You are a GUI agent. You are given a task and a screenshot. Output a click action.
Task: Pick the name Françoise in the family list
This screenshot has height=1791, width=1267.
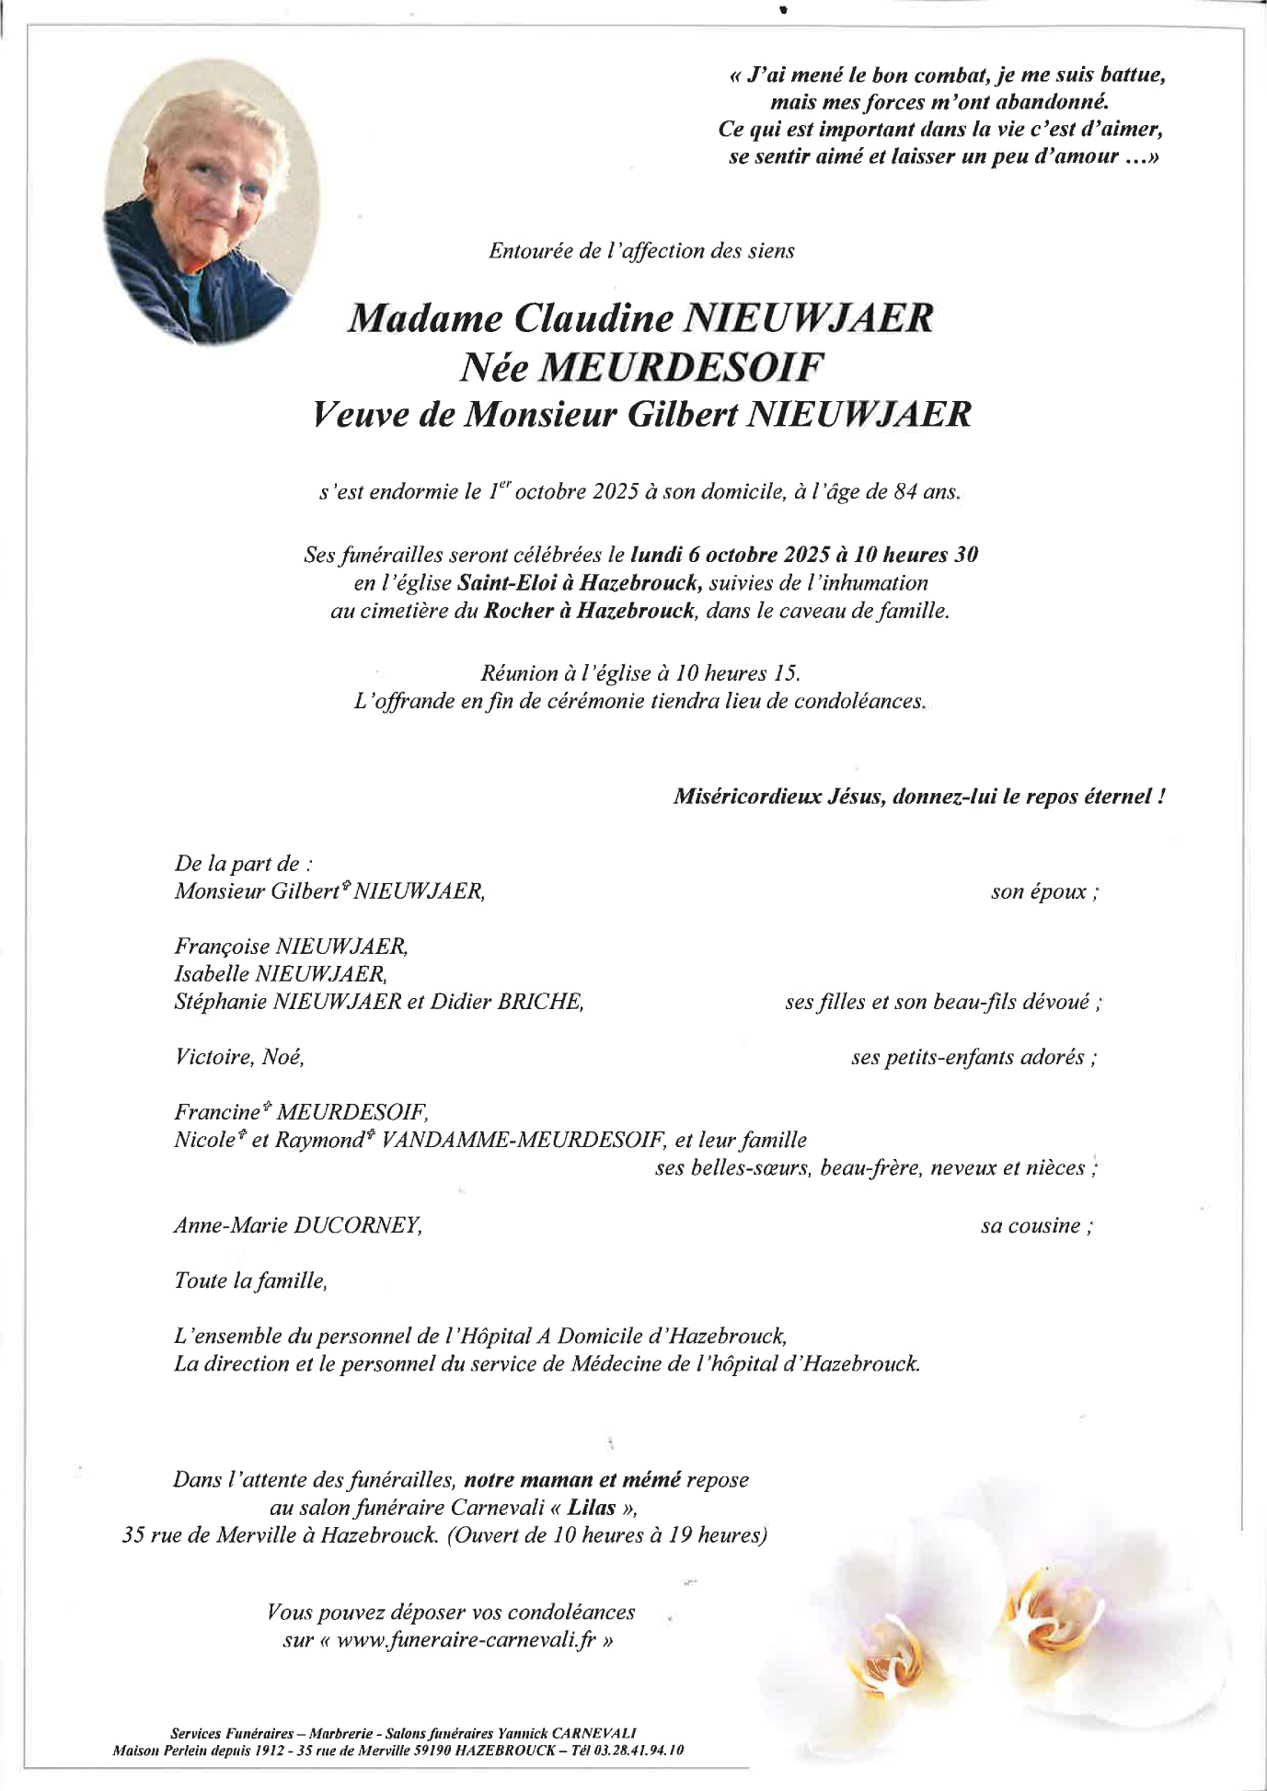[222, 946]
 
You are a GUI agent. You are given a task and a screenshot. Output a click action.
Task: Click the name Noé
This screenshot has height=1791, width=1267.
[282, 1057]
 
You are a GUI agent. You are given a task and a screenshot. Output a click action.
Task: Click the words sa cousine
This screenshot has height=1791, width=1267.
[1036, 1225]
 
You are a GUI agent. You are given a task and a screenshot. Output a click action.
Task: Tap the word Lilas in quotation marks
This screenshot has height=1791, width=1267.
[592, 1508]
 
